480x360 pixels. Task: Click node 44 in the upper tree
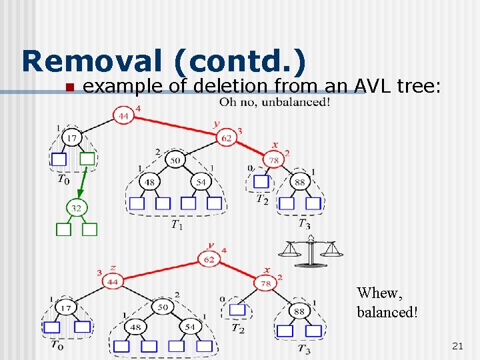(x=123, y=116)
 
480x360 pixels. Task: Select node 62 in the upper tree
(x=226, y=138)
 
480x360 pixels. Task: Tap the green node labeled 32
(x=76, y=208)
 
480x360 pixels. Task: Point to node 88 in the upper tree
(x=299, y=181)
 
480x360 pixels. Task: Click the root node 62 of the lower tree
(x=209, y=259)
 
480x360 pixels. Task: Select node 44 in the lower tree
(x=111, y=282)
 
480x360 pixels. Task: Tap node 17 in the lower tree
(x=65, y=307)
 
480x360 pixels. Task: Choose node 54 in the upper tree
(x=201, y=181)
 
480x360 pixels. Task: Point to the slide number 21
(x=457, y=345)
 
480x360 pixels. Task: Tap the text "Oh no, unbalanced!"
(x=275, y=102)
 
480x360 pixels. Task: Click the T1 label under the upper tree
(x=177, y=225)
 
